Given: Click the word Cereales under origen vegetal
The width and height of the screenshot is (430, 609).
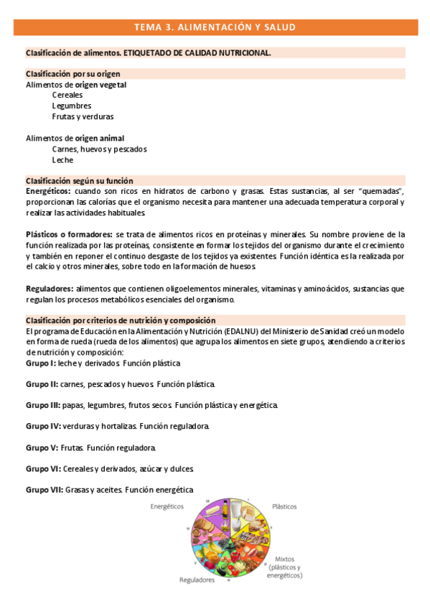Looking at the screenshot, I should click(67, 95).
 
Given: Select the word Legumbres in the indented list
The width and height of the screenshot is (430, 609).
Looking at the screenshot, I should click(72, 106).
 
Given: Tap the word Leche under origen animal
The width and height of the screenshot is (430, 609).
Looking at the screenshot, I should click(62, 160).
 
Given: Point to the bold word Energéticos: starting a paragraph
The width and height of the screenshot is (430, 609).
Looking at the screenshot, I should click(48, 192).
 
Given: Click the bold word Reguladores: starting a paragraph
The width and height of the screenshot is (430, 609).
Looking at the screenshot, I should click(50, 289).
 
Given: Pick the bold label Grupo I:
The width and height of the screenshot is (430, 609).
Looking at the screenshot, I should click(41, 363).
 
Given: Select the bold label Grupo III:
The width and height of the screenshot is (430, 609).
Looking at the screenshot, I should click(43, 406).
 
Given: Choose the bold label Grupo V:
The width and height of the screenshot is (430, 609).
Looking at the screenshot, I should click(42, 447).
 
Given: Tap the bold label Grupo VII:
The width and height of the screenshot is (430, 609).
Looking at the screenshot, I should click(45, 490).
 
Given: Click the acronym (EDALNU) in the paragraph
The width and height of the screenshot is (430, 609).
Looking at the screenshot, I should click(242, 331).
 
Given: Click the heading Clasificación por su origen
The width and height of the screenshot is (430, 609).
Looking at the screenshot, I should click(73, 74).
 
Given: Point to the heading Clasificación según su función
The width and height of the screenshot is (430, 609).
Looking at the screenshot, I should click(80, 181).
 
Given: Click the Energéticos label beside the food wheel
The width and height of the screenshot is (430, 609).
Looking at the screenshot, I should click(167, 506).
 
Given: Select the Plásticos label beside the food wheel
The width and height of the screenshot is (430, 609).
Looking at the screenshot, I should click(284, 506).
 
